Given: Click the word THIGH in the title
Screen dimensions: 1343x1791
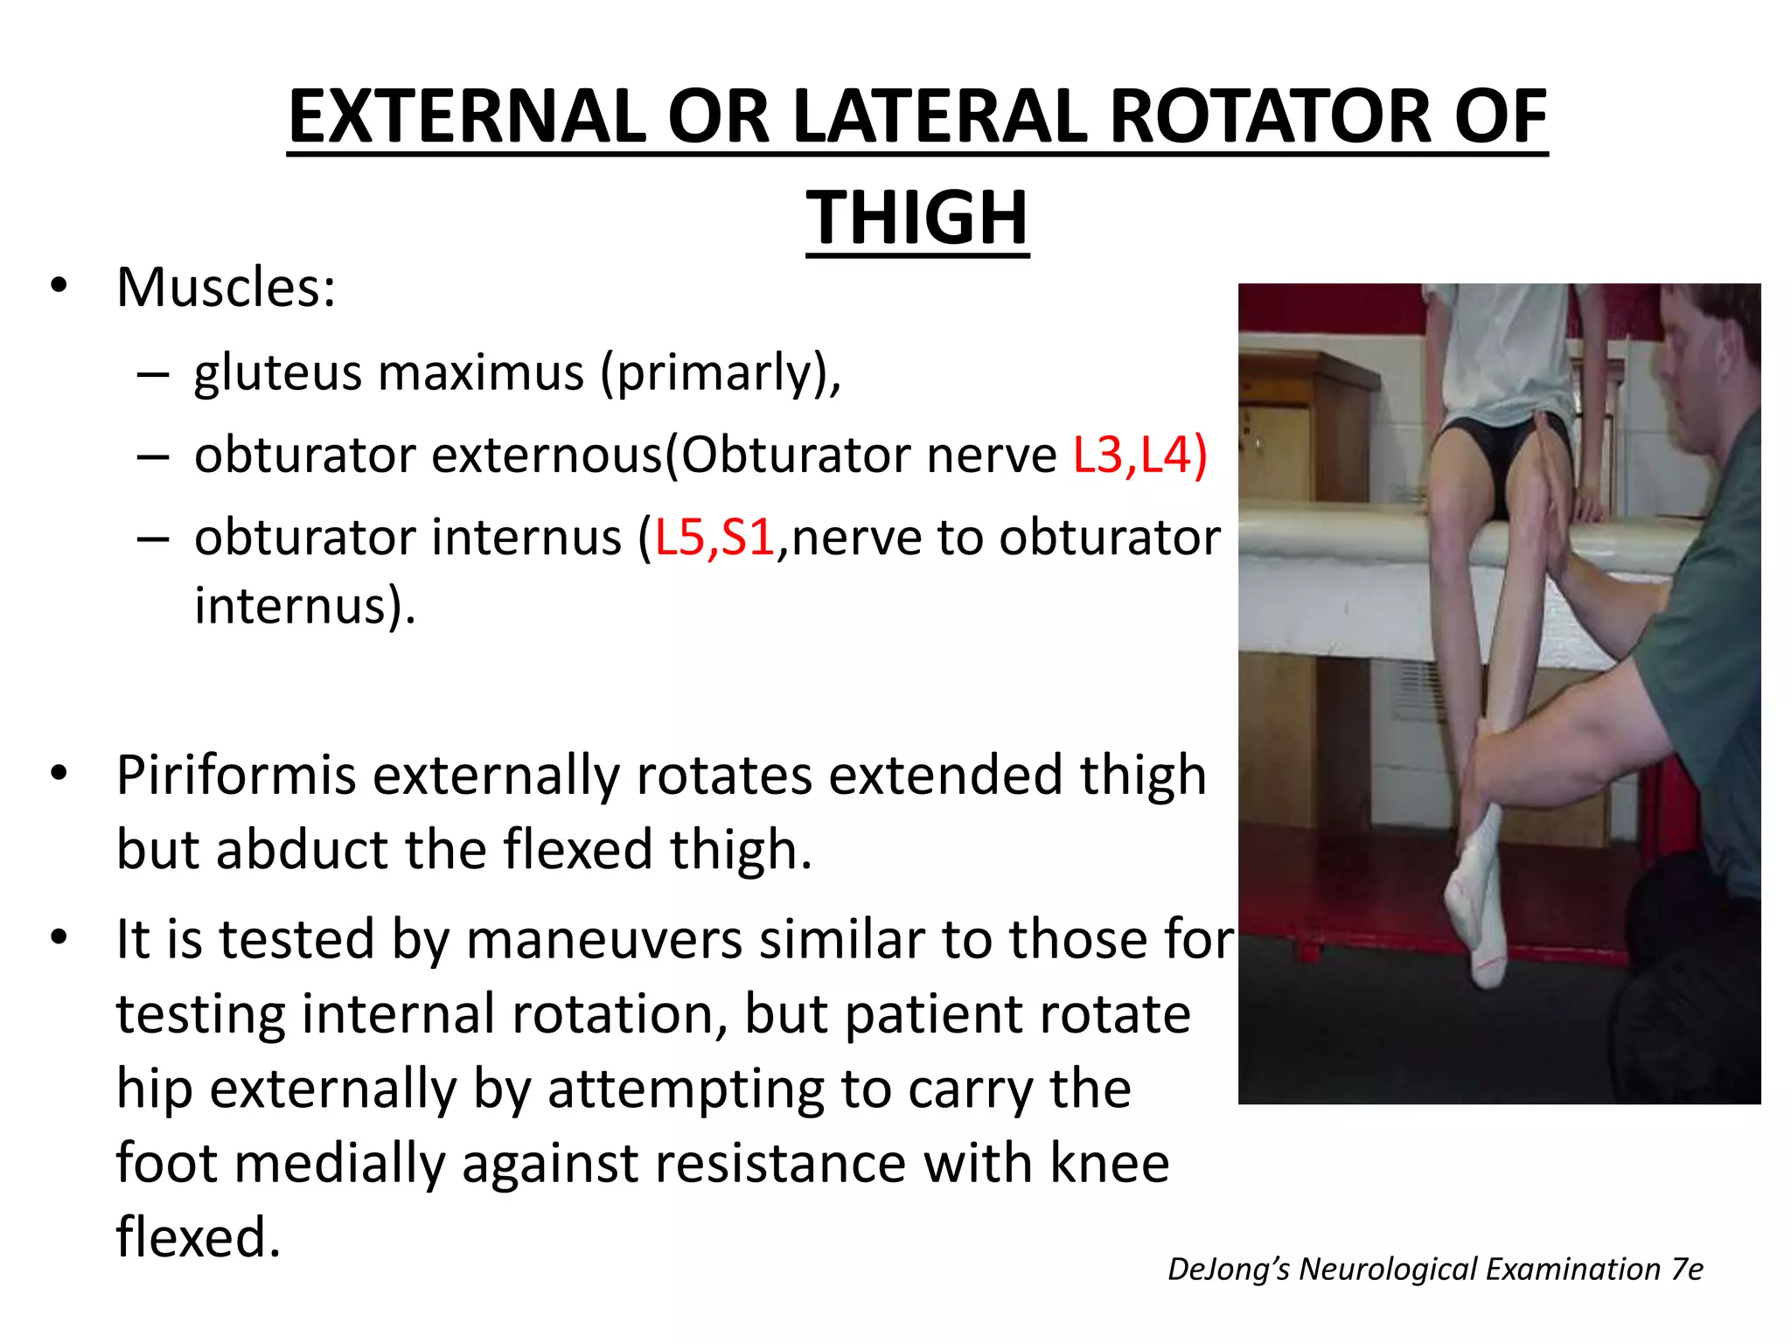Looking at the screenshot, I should [917, 219].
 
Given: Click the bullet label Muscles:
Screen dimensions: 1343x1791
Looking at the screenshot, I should [226, 288].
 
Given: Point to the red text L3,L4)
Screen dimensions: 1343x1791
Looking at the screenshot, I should [1139, 456].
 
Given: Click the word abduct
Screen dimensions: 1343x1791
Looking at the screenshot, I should [303, 850].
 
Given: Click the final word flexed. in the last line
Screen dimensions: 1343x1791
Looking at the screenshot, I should [199, 1238].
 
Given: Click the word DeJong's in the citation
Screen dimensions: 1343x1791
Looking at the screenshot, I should [1228, 1270].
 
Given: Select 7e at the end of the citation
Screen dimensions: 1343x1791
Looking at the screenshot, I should [1686, 1270].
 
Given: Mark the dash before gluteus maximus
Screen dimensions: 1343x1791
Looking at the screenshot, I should [152, 374].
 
